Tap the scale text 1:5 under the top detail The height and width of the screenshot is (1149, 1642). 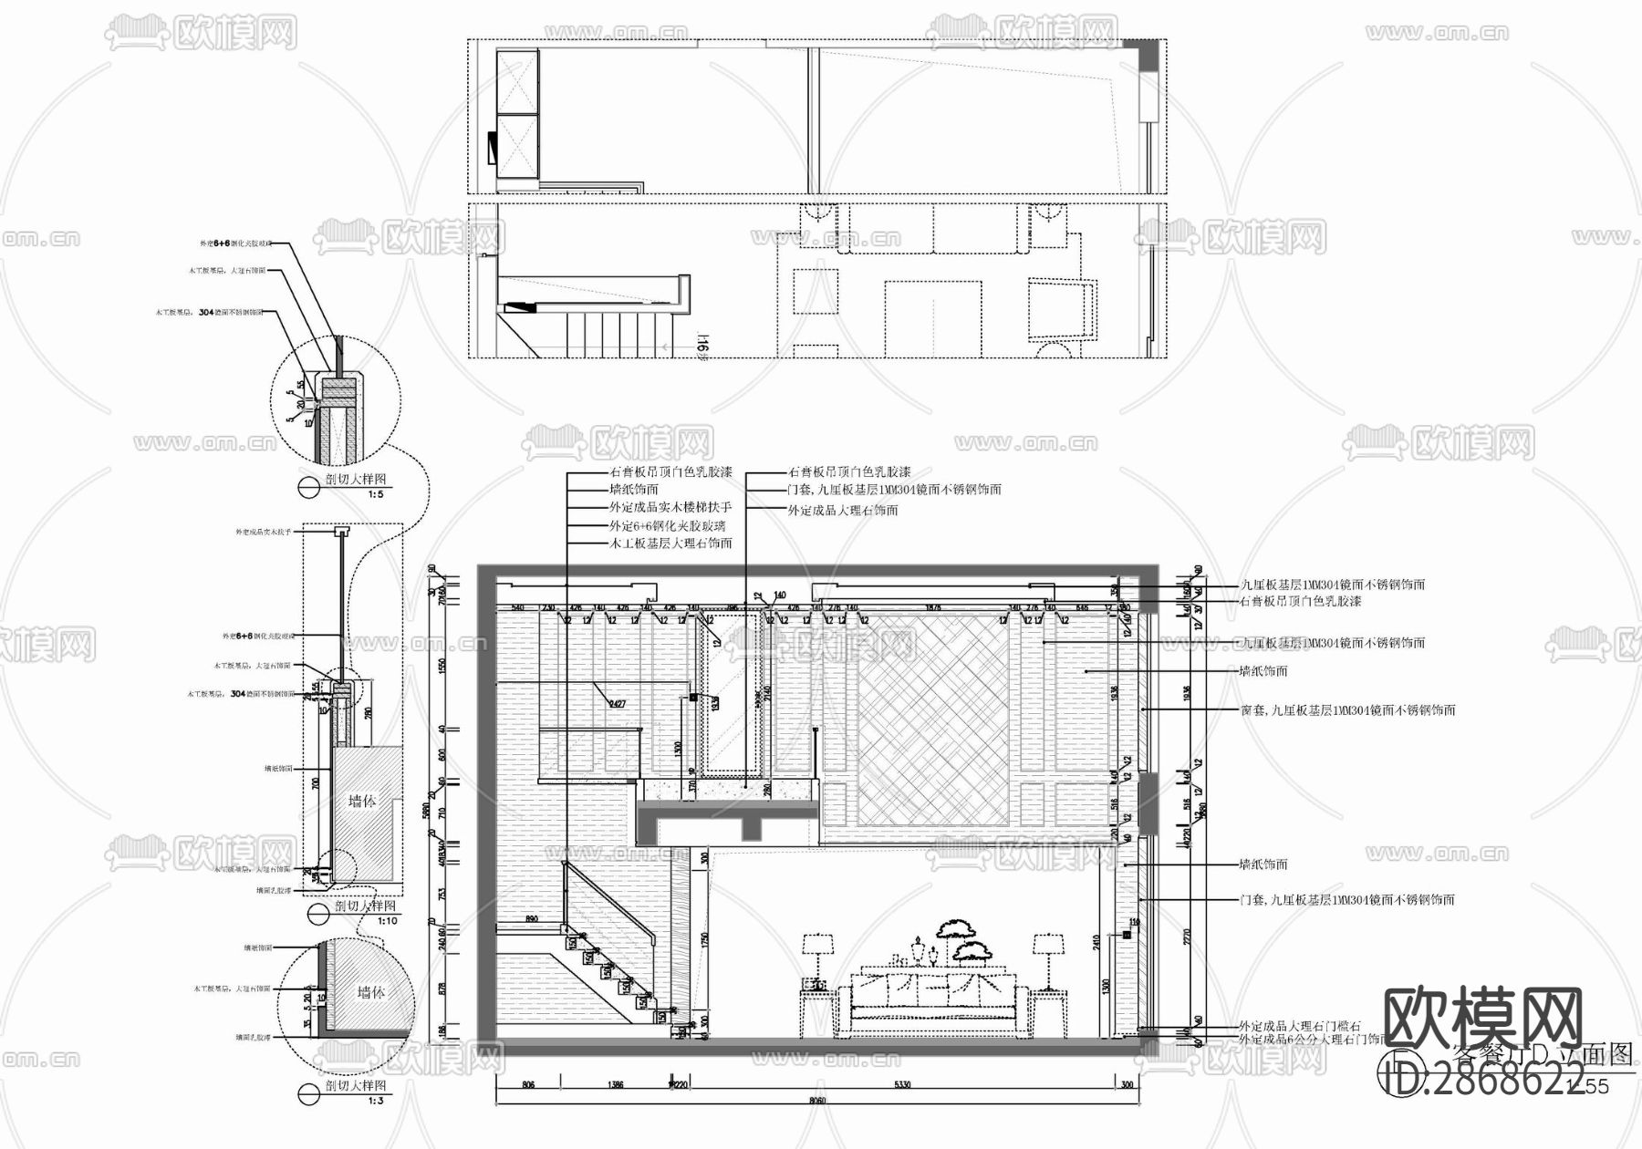coord(375,494)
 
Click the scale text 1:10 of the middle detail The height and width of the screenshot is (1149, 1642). coord(388,921)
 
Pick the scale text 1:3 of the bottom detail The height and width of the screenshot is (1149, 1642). coord(375,1101)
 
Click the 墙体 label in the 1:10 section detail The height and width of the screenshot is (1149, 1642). coord(362,801)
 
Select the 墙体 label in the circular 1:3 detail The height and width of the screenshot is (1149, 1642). coord(369,992)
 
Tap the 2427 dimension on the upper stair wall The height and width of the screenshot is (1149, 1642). coord(618,703)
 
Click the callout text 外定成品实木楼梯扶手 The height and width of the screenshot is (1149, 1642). coord(670,507)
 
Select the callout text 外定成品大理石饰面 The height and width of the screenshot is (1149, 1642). coord(842,511)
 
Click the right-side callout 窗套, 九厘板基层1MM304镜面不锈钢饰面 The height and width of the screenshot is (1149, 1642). coord(1347,709)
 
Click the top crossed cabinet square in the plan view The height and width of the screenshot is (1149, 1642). coord(517,82)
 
